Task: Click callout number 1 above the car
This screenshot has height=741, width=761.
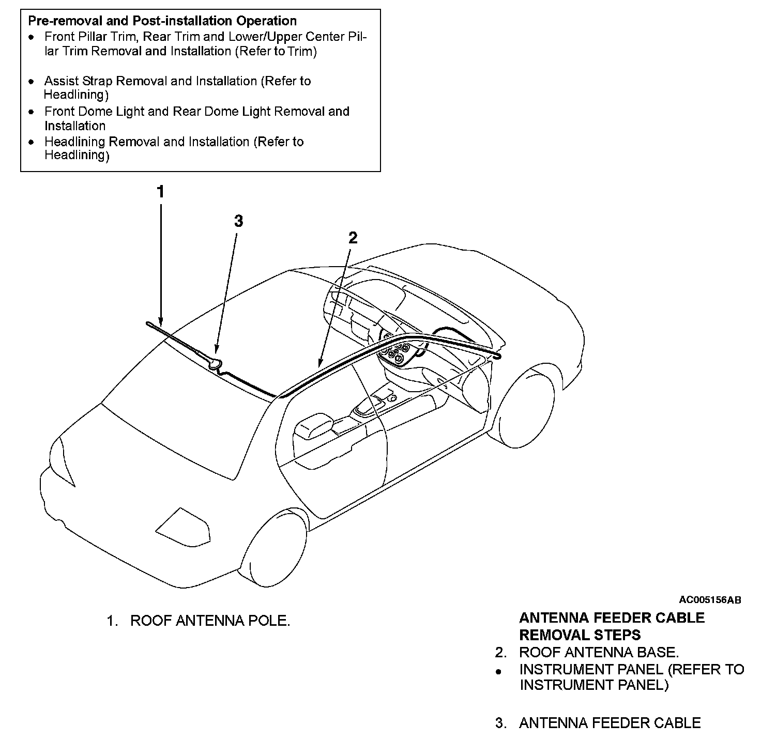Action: pos(161,192)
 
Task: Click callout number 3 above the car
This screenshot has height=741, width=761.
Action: pos(238,221)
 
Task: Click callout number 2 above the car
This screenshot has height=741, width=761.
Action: pos(353,238)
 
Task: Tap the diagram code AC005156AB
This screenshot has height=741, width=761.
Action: pos(710,600)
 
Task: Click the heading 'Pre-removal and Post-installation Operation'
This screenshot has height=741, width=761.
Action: pos(162,21)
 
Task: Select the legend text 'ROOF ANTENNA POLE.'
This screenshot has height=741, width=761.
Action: pos(210,621)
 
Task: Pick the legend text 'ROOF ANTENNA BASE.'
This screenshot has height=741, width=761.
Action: pos(599,653)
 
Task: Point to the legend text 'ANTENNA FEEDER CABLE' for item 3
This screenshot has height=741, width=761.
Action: pos(610,723)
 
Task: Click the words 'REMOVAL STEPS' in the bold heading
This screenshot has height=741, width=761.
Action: pos(580,635)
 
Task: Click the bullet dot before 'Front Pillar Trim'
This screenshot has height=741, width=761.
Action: pos(32,38)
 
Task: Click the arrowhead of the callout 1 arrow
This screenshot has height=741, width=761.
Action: pos(161,322)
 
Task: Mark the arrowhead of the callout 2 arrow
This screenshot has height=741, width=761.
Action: pos(321,364)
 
